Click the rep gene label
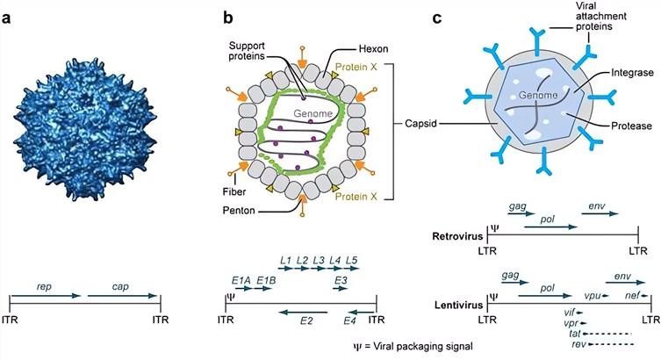coord(44,287)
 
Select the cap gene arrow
coord(122,296)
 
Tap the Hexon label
coord(373,49)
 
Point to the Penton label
coord(239,210)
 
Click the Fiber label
coord(234,191)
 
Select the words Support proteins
coord(247,51)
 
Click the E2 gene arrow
coord(303,313)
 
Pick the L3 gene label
coord(319,260)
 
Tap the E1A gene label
coord(241,280)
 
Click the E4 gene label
coord(349,321)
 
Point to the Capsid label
coord(420,124)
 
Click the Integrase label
coord(632,73)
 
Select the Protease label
coord(631,126)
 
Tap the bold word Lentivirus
coord(458,305)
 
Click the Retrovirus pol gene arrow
coord(550,227)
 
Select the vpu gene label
coord(593,296)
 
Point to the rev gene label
coord(579,344)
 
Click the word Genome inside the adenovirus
coord(313,113)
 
